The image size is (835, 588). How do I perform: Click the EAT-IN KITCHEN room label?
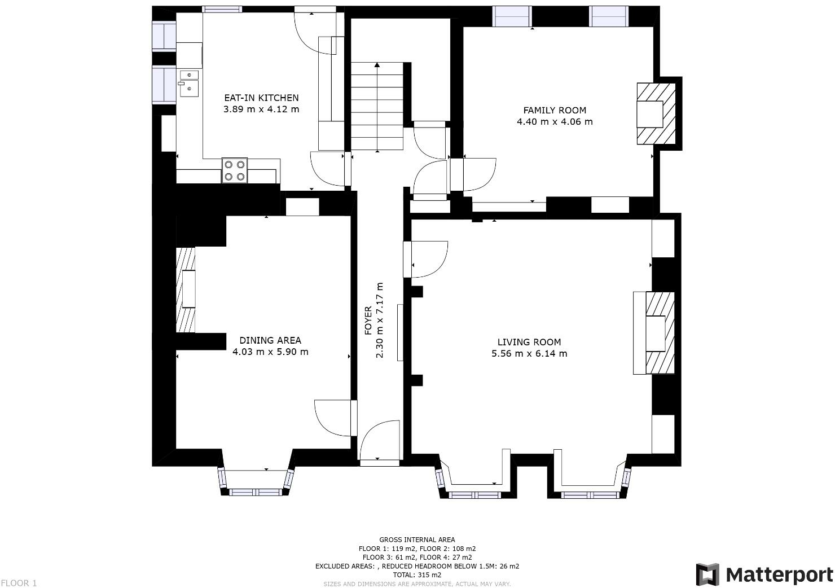(x=261, y=98)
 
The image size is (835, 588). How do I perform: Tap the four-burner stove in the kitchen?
(x=235, y=170)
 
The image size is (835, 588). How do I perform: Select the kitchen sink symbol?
(x=189, y=83)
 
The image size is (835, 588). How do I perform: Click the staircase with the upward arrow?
(x=377, y=106)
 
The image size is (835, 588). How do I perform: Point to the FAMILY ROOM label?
(x=555, y=111)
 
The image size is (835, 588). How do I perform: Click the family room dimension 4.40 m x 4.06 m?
(x=555, y=122)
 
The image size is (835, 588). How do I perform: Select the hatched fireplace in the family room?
(x=656, y=114)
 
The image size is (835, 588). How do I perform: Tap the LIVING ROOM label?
(x=529, y=342)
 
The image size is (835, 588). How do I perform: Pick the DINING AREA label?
(x=270, y=340)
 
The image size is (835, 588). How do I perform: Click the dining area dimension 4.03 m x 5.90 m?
(x=270, y=352)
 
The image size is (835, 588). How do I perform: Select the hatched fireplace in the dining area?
(x=186, y=290)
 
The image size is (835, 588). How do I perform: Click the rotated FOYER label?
(x=368, y=321)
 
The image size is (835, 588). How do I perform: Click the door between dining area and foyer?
(x=335, y=418)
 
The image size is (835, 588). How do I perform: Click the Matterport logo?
(x=764, y=574)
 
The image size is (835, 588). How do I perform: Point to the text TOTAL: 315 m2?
(x=417, y=575)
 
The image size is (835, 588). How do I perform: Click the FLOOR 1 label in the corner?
(x=19, y=583)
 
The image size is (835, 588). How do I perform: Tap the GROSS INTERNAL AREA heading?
(x=417, y=540)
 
